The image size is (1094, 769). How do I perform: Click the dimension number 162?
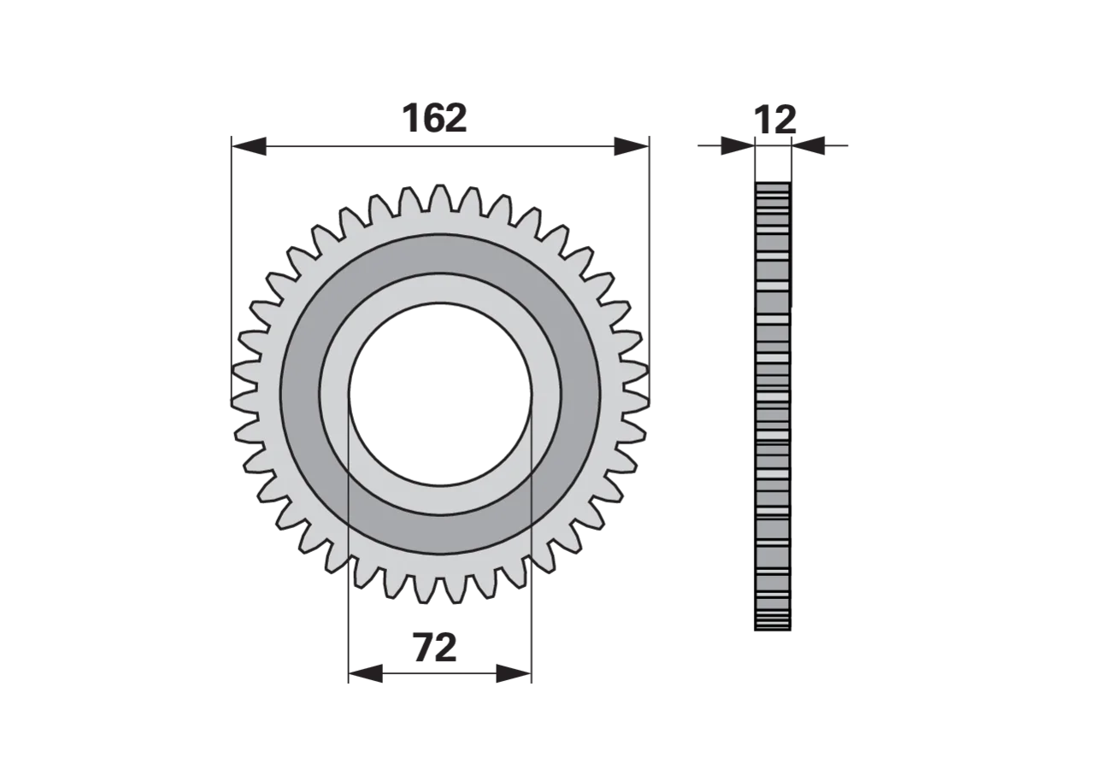tap(434, 118)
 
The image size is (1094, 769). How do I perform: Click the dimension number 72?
tap(435, 648)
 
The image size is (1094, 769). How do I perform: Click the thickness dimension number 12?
tap(775, 120)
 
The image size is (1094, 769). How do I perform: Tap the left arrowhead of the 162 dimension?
tap(249, 146)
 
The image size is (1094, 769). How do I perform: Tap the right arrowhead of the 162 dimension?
tap(632, 146)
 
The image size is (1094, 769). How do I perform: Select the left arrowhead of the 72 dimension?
tap(365, 673)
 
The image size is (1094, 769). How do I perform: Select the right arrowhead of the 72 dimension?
tap(514, 673)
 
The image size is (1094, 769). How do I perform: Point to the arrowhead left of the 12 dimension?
tap(738, 145)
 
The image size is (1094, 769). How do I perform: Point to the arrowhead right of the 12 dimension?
tap(809, 145)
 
